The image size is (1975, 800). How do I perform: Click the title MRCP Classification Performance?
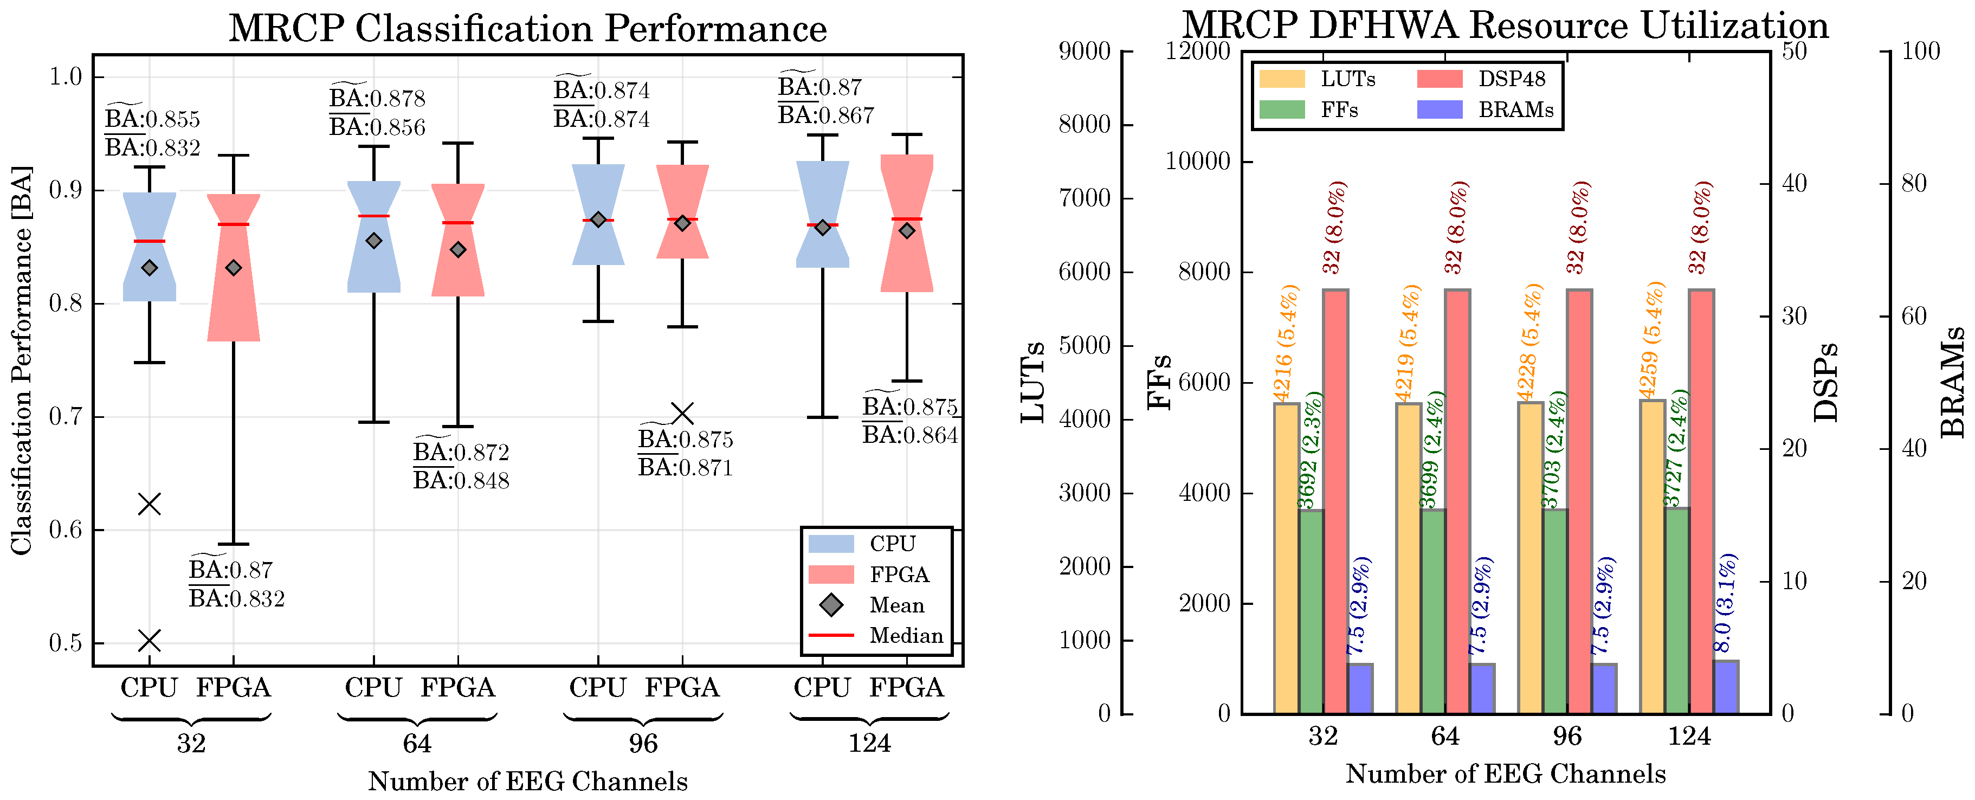point(527,29)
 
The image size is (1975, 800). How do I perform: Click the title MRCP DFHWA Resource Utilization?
point(1505,25)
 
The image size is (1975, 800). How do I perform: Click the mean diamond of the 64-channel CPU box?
point(373,241)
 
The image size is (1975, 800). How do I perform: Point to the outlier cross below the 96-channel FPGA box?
point(682,414)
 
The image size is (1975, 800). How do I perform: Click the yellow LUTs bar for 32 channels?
point(1287,558)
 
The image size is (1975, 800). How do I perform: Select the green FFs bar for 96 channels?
point(1555,611)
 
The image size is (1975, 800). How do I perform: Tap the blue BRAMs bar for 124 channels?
point(1726,687)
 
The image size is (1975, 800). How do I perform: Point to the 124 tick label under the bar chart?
point(1689,737)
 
